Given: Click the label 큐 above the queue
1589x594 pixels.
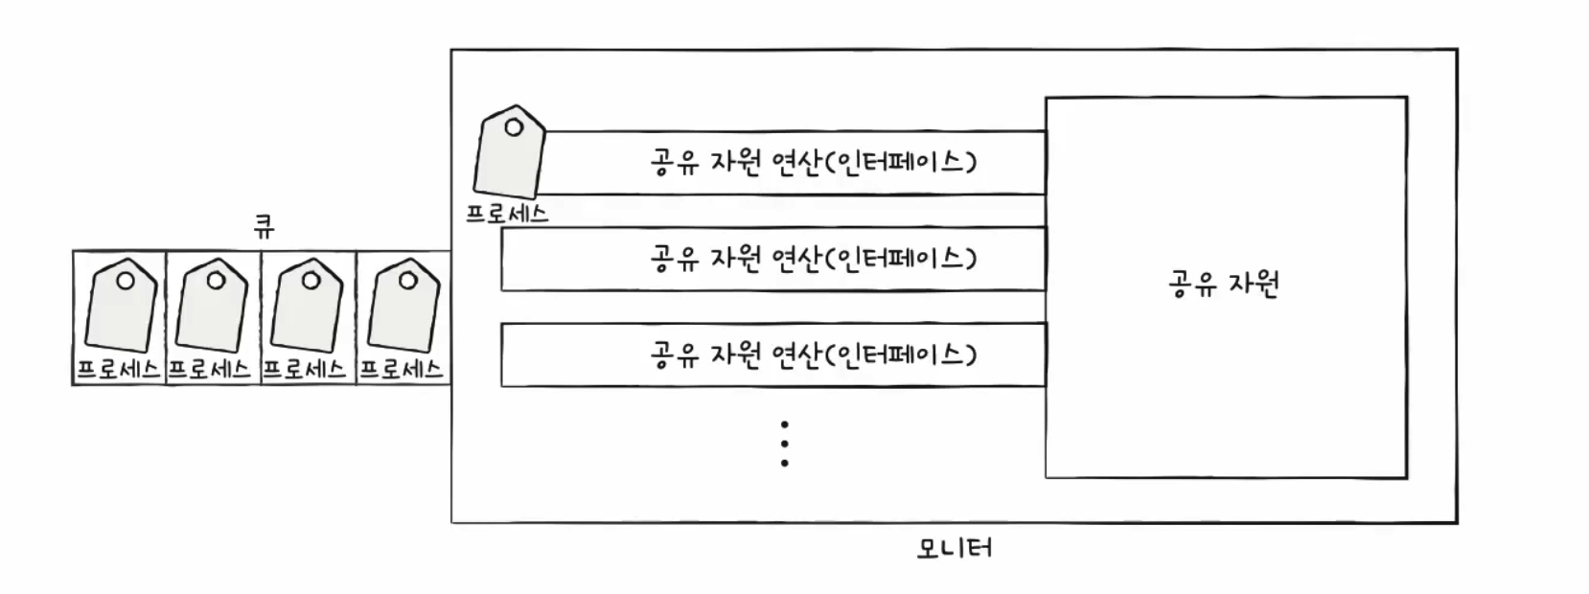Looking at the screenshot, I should (264, 227).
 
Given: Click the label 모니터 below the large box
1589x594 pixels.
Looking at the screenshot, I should (954, 549).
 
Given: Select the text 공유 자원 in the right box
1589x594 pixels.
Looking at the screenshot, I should (1224, 285).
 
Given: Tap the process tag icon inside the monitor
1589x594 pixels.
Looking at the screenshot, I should (509, 153).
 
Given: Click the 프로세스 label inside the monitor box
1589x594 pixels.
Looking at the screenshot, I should (507, 214).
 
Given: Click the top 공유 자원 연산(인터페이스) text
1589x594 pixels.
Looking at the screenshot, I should (813, 161).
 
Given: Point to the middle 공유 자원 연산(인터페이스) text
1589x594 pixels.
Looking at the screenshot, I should (813, 258).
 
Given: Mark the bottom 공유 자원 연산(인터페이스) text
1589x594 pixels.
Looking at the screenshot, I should (813, 354).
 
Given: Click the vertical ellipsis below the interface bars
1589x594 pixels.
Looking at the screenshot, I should (785, 444).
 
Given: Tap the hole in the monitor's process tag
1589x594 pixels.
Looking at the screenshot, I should (515, 126).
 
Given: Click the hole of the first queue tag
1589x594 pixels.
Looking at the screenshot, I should (126, 281).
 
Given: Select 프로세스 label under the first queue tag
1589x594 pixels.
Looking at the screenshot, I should (118, 370).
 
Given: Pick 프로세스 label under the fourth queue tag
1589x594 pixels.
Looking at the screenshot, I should (402, 370).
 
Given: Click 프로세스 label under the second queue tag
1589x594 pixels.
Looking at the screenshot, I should (210, 370).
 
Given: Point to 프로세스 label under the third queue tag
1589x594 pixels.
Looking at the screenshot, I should (304, 370).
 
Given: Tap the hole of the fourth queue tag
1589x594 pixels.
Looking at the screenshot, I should (408, 281).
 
